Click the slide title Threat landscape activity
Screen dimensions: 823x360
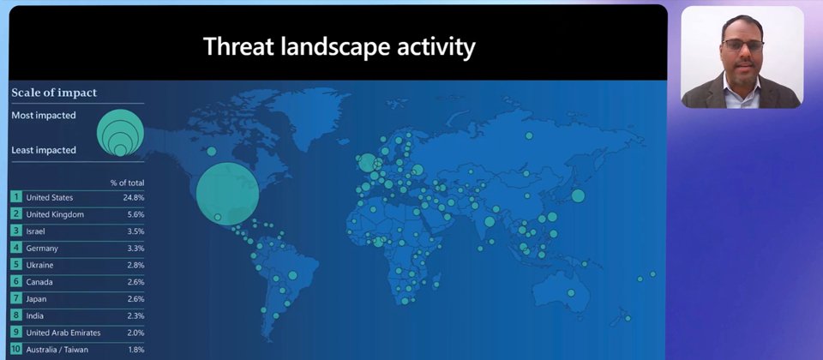coord(339,46)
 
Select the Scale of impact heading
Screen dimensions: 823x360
coord(54,93)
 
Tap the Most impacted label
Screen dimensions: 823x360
coord(44,116)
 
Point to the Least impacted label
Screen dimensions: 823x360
coord(44,150)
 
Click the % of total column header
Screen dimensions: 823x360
coord(127,183)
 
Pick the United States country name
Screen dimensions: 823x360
coord(50,198)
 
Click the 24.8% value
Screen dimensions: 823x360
coord(134,198)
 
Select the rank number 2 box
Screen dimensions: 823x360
coord(16,214)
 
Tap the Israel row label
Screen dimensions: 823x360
coord(36,231)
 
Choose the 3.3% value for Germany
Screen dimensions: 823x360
coord(135,249)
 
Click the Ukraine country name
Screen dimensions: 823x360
coord(40,265)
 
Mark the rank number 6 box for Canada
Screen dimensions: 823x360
coord(16,282)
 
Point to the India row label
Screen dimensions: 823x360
coord(34,316)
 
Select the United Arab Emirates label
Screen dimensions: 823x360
coord(63,333)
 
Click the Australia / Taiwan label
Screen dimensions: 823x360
coord(57,350)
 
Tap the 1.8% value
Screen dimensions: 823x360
coord(136,350)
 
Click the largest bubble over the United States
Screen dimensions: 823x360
coord(227,194)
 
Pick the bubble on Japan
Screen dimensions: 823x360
coord(578,195)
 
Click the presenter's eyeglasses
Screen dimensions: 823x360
coord(742,45)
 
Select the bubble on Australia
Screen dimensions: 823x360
coord(571,293)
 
